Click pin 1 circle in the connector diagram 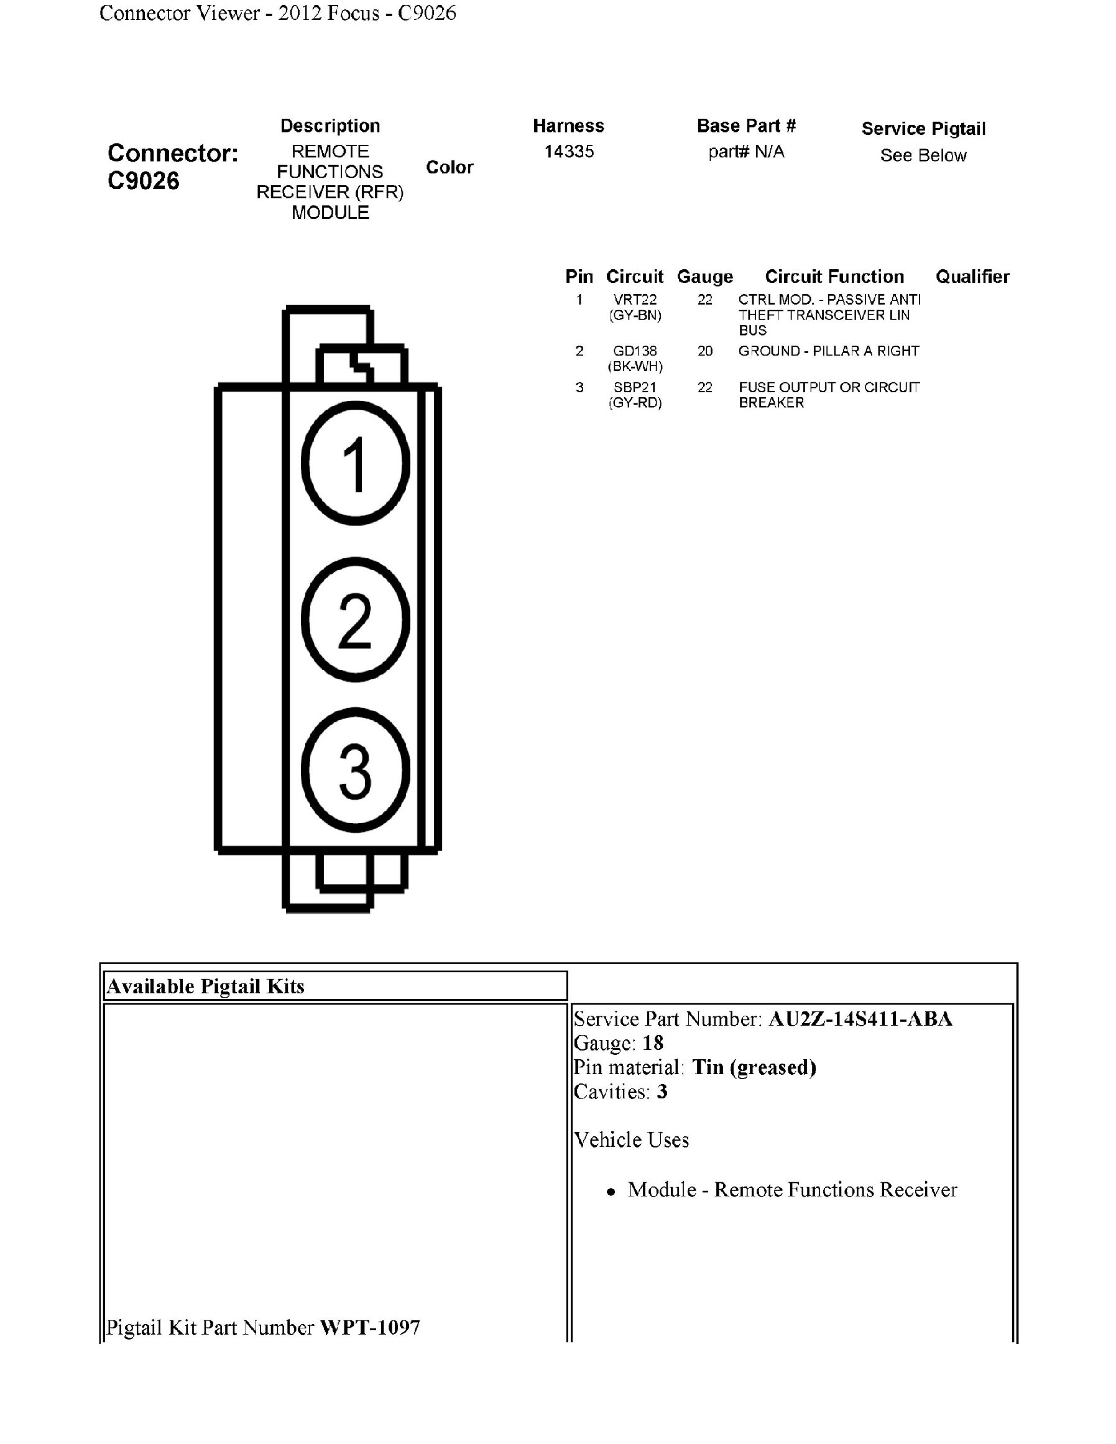point(356,463)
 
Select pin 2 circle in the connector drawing point(356,620)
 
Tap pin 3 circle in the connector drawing point(356,770)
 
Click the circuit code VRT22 point(635,300)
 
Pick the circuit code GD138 point(635,351)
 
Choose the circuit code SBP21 point(635,387)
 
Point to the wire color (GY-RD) point(635,403)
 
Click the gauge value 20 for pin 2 point(705,351)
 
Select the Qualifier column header point(972,277)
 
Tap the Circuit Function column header point(834,277)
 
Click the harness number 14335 point(569,152)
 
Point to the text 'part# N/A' point(746,152)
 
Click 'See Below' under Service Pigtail point(923,155)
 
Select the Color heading point(450,167)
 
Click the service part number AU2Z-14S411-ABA point(860,1019)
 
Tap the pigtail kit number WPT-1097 point(370,1327)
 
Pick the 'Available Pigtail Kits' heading point(206,986)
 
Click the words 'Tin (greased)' point(754,1067)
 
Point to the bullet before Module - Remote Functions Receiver point(611,1192)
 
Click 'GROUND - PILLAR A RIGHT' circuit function point(828,351)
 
